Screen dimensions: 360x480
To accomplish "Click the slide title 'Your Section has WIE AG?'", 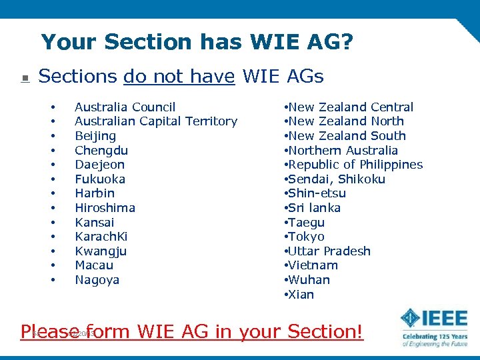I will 197,42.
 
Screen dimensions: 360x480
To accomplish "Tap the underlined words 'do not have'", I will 179,77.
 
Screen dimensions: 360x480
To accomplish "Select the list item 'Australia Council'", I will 125,107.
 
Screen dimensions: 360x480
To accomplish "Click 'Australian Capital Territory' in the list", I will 155,121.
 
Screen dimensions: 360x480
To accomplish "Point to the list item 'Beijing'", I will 95,136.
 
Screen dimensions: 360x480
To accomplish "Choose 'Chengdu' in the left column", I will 101,151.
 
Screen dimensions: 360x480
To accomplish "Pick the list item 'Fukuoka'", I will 100,179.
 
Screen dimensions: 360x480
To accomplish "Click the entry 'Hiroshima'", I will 105,208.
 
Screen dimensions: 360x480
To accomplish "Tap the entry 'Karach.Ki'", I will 101,237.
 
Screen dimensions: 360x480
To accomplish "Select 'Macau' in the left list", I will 93,265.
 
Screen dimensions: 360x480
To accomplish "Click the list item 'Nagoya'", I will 97,280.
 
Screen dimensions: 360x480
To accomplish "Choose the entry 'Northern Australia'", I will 343,151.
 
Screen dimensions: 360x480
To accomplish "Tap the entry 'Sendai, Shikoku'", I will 336,179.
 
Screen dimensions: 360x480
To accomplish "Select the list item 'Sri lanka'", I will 313,208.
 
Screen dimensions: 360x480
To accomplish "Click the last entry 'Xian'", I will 300,295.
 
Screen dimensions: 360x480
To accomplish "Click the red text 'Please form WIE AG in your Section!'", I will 192,331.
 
